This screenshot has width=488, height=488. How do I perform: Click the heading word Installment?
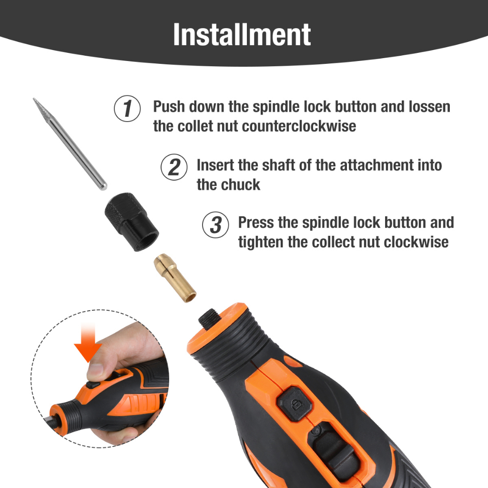click(x=242, y=34)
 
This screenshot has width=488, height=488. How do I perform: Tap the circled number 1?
click(x=127, y=108)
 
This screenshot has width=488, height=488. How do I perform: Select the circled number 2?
click(x=174, y=167)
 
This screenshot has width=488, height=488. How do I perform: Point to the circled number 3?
click(x=215, y=225)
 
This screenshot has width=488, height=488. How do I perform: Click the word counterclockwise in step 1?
click(x=299, y=126)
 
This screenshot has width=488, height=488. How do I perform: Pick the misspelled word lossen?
click(x=429, y=106)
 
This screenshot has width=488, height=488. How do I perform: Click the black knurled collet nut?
click(x=132, y=222)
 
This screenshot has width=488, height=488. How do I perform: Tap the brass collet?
click(x=175, y=278)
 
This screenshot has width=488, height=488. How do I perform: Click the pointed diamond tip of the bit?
click(x=34, y=99)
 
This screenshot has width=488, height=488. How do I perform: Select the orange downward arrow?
click(x=88, y=342)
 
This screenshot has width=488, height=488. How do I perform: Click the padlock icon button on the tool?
click(x=295, y=404)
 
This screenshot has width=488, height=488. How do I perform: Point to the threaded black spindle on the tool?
click(x=210, y=318)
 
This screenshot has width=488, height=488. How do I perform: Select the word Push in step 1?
click(x=169, y=106)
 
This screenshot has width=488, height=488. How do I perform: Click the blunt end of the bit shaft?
click(x=103, y=186)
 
